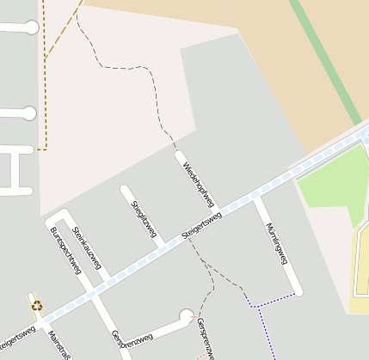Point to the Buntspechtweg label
(66, 250)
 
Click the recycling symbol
(36, 304)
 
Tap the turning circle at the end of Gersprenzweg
(187, 316)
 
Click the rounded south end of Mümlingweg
(298, 291)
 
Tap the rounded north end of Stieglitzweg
(126, 190)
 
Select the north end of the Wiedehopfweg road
(180, 156)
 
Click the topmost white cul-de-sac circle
(32, 27)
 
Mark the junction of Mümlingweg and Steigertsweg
(256, 199)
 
